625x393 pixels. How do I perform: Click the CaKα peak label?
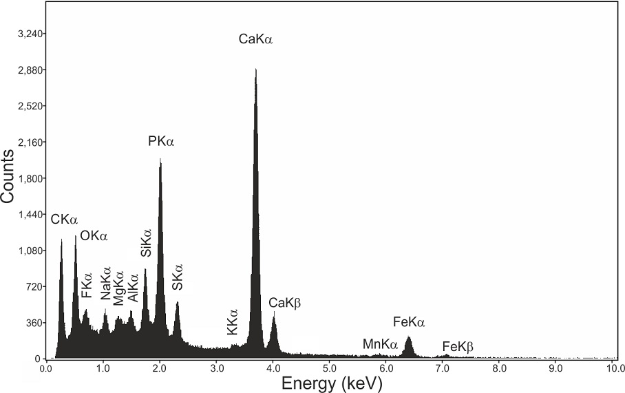click(256, 40)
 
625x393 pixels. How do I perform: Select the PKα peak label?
click(162, 142)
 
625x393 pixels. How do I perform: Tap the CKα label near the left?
click(65, 220)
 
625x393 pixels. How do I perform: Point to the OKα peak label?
click(94, 236)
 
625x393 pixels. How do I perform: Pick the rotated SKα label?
click(178, 277)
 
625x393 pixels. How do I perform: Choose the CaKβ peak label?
click(286, 302)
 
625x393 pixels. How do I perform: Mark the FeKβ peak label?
click(458, 346)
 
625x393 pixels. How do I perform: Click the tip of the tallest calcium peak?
click(255, 70)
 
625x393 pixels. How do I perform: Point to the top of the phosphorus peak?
click(160, 160)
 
